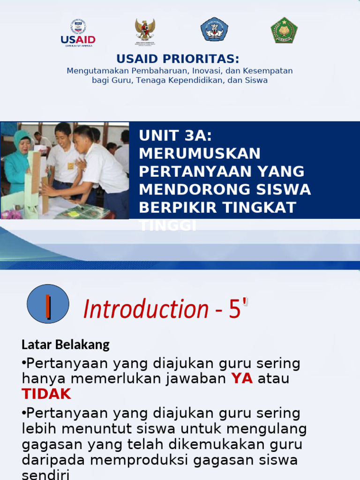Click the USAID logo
point(78,32)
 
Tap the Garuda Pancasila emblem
point(145,31)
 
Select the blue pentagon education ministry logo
point(214,30)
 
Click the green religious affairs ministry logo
point(284,30)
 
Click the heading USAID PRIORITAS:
point(178,59)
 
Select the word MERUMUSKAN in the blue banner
point(200,153)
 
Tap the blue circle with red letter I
point(48,304)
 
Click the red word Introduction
point(146,309)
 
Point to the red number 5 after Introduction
point(235,309)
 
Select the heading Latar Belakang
point(66,345)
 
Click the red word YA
point(242,379)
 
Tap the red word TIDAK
point(46,394)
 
